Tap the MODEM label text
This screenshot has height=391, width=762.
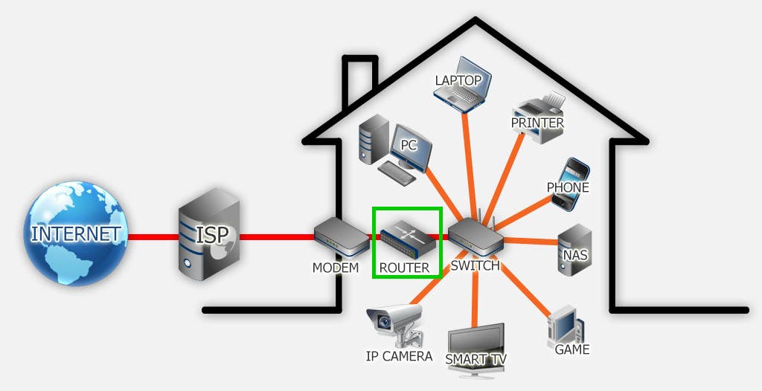click(336, 267)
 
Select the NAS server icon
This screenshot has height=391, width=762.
click(574, 249)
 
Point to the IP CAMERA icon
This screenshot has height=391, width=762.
click(394, 323)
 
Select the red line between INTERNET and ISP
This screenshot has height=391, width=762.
click(153, 237)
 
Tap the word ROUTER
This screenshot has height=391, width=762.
click(404, 268)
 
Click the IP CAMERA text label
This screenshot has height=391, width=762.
click(399, 356)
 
